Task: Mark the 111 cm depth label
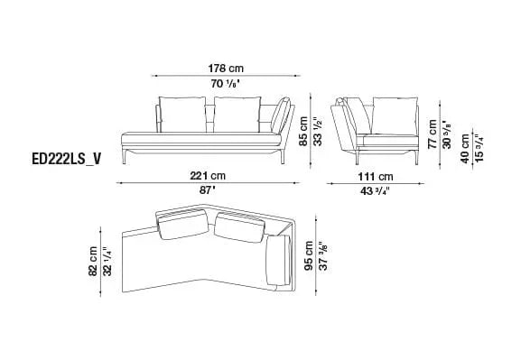pyautogui.click(x=375, y=176)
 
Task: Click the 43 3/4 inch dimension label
pyautogui.click(x=375, y=190)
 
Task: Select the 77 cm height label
pyautogui.click(x=433, y=133)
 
